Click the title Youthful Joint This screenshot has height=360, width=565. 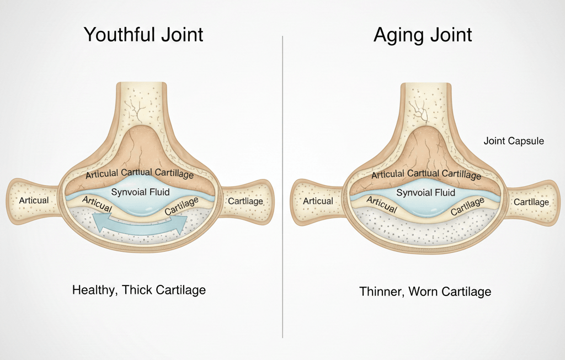point(143,35)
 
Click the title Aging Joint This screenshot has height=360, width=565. point(423,35)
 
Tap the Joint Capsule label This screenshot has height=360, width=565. point(514,141)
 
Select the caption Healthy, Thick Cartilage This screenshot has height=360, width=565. point(139,289)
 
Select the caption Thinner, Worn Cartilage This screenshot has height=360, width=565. point(425,291)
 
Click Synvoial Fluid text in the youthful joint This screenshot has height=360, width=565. point(141,193)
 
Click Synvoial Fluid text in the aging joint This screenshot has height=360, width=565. point(426,193)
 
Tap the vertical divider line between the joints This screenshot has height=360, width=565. point(282,188)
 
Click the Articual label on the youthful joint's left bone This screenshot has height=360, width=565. point(34,200)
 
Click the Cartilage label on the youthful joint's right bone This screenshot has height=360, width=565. point(246,201)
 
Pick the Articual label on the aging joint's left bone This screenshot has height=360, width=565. point(318,201)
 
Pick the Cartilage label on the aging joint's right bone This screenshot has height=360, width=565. point(531,202)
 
